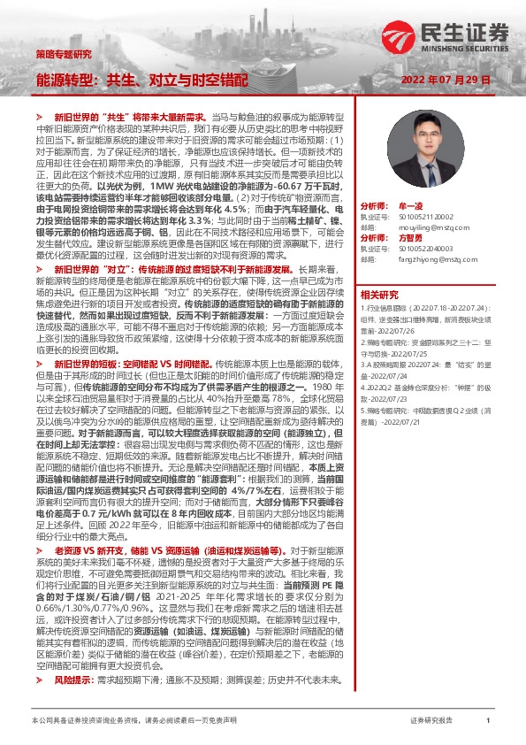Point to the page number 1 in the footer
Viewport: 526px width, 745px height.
[x=488, y=721]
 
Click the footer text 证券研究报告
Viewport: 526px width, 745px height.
[x=431, y=721]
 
